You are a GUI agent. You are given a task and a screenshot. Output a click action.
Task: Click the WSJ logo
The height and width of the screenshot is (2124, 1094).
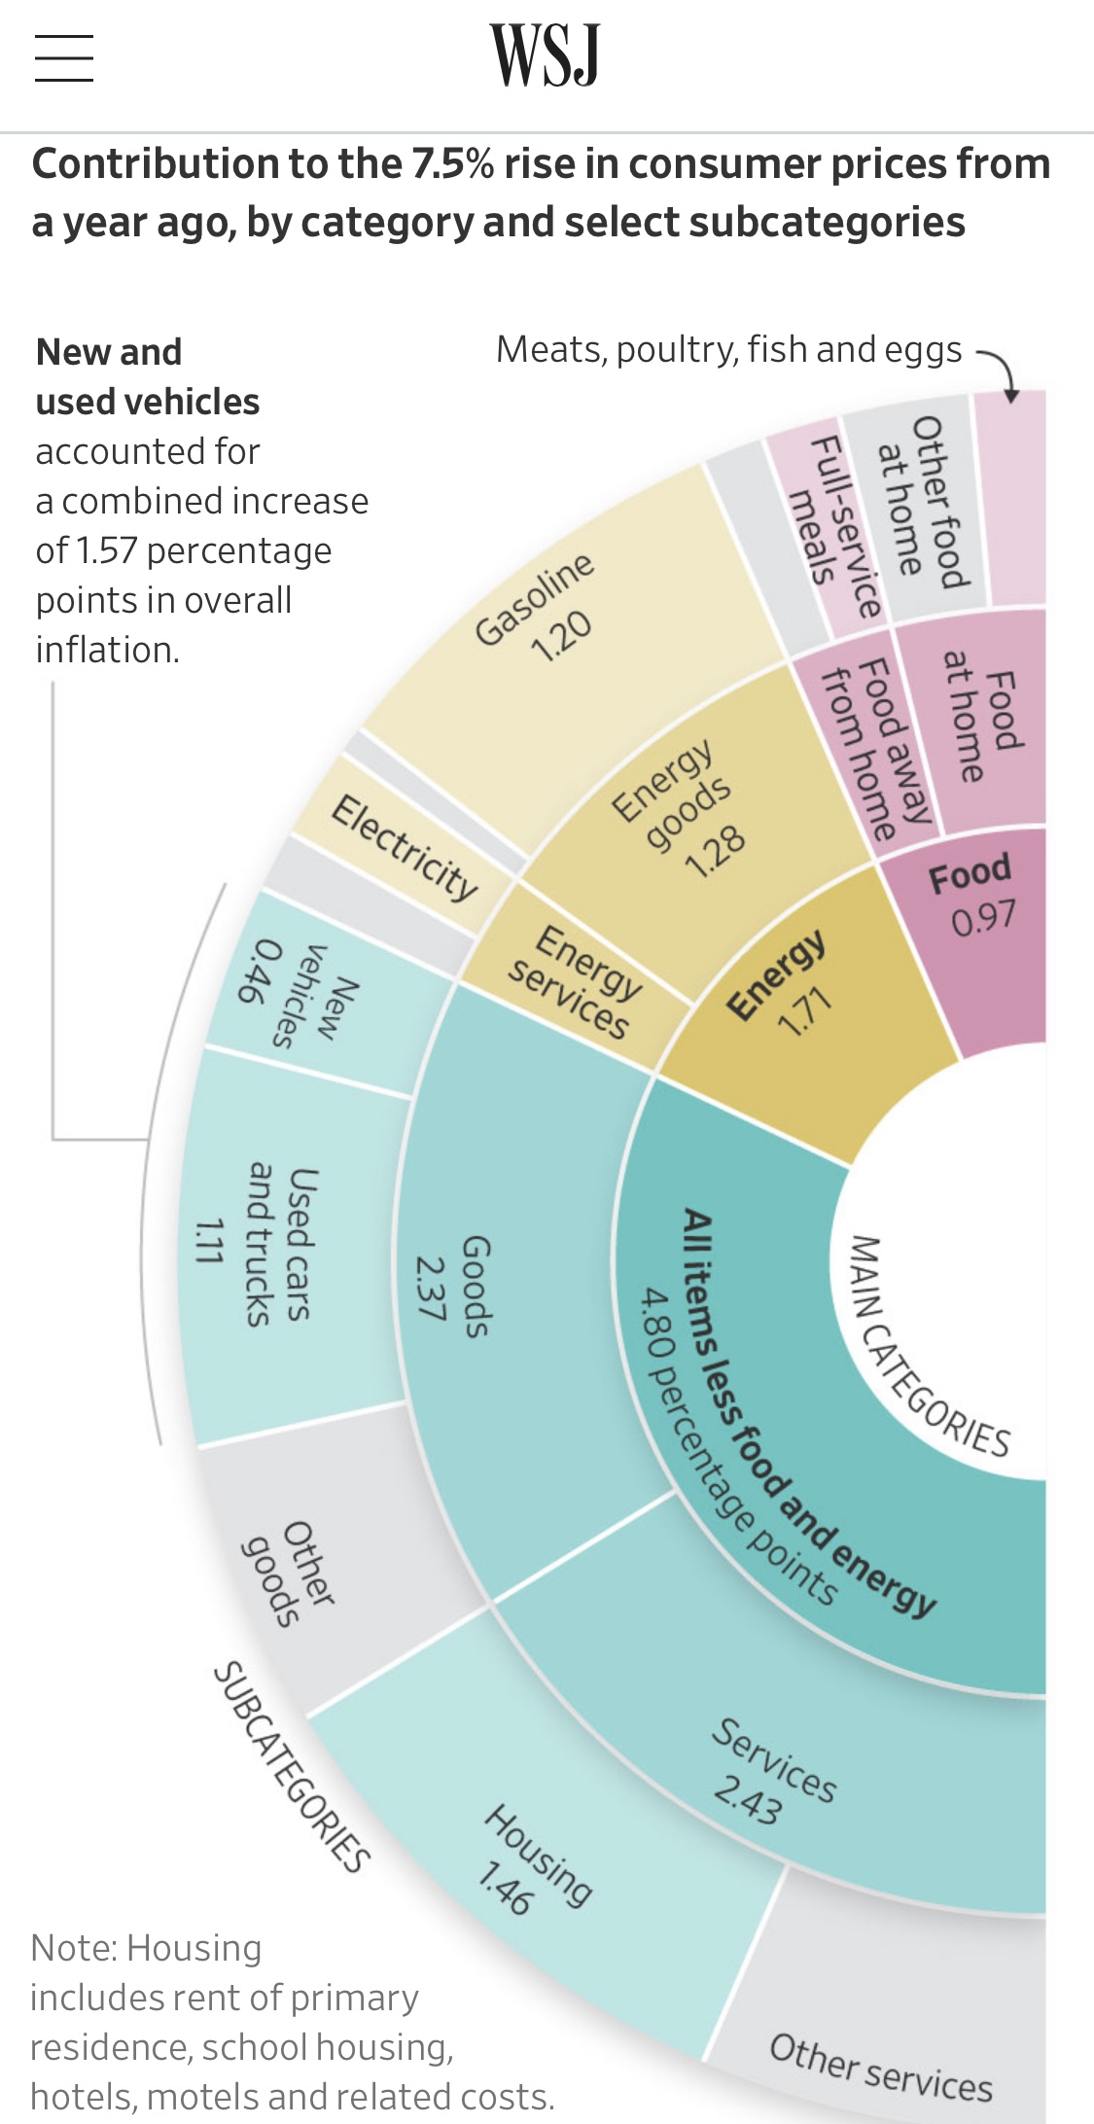pyautogui.click(x=545, y=56)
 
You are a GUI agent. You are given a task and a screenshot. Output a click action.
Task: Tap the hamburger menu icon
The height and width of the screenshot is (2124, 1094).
pyautogui.click(x=64, y=58)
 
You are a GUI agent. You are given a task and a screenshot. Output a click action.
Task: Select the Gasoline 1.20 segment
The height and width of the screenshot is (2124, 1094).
pyautogui.click(x=545, y=622)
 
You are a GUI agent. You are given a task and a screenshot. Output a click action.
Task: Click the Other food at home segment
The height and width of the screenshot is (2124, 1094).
pyautogui.click(x=924, y=506)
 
